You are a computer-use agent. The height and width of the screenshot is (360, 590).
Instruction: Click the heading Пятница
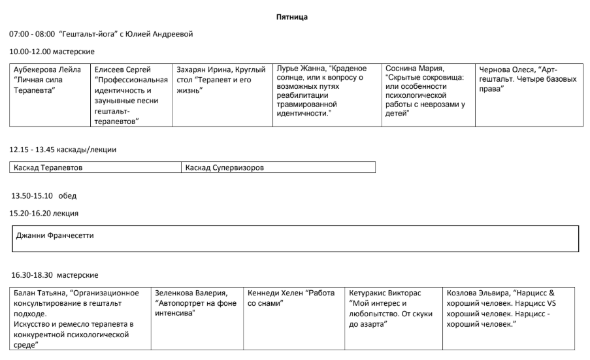point(292,17)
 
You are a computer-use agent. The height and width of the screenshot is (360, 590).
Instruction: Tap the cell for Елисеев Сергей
point(131,94)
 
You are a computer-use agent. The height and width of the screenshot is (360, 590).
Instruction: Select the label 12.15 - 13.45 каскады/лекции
point(63,150)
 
